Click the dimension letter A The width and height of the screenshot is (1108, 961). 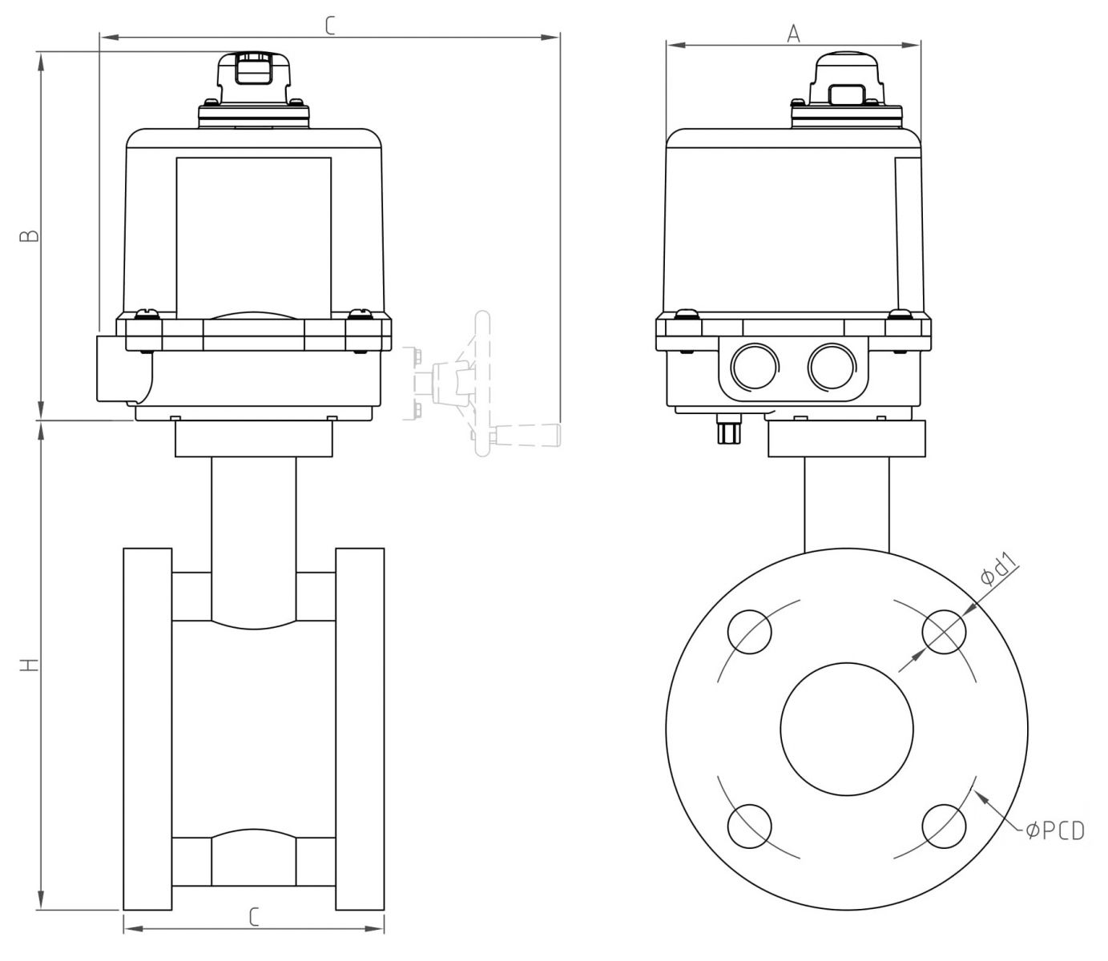pos(793,34)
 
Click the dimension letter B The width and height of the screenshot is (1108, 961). pos(30,236)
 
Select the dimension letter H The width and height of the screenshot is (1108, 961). pos(30,665)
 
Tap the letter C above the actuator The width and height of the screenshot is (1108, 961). pos(330,26)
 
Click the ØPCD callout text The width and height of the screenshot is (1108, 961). pos(1055,831)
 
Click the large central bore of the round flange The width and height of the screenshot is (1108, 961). pos(847,729)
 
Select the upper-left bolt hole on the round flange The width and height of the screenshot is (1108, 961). pos(749,632)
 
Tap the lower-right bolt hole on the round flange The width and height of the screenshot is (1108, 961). pos(944,826)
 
